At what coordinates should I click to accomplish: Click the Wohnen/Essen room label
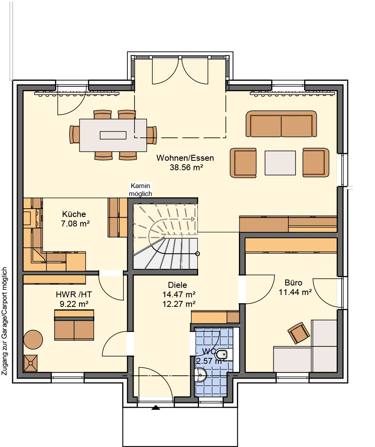click(185, 158)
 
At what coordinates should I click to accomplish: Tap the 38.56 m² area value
click(186, 167)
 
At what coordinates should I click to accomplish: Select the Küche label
click(74, 214)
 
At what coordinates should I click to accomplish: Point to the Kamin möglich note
click(140, 190)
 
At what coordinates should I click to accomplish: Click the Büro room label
click(293, 283)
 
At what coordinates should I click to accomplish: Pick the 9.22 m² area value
click(74, 304)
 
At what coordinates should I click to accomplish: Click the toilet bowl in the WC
click(222, 355)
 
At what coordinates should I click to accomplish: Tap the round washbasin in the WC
click(201, 375)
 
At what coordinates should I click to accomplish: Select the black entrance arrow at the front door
click(155, 407)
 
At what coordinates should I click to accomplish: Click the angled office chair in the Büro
click(298, 333)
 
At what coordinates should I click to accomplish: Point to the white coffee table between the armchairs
click(280, 163)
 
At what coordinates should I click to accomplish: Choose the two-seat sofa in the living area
click(281, 124)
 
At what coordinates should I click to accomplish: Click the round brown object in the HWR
click(33, 340)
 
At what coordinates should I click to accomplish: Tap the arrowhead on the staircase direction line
click(193, 219)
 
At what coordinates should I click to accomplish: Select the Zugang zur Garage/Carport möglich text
click(4, 321)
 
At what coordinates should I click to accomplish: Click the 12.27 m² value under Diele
click(179, 304)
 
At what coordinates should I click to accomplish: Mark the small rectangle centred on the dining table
click(113, 135)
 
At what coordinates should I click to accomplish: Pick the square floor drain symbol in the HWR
click(30, 363)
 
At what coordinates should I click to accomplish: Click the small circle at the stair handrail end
click(198, 254)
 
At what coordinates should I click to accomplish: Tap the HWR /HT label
click(74, 295)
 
